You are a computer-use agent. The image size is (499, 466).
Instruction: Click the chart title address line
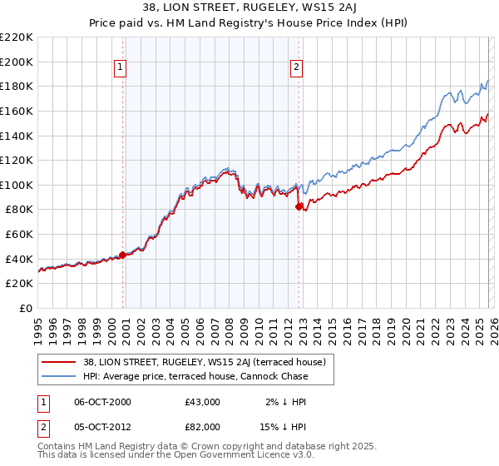coord(249,7)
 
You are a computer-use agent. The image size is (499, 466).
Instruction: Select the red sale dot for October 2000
coord(123,255)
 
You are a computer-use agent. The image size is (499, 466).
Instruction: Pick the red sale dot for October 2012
coord(299,207)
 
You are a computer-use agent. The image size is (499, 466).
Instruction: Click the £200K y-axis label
coord(17,62)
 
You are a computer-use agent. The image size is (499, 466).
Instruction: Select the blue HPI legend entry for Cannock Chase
coord(195,376)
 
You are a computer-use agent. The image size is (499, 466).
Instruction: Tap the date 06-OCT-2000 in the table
coord(101,402)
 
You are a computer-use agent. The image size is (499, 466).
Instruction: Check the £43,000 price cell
coord(202,402)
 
